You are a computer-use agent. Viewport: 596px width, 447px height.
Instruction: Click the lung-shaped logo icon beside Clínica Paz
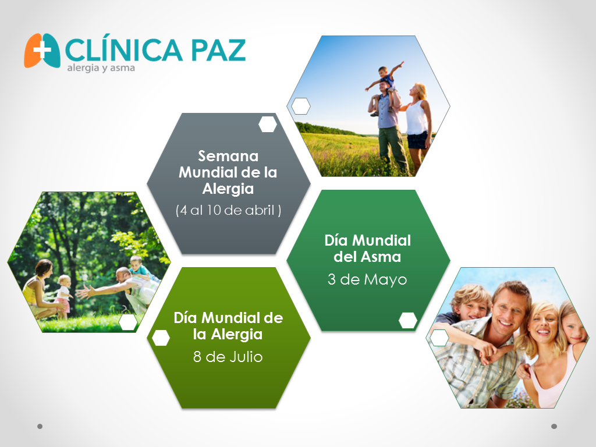coord(42,51)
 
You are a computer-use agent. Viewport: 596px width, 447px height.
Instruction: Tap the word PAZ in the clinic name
coord(218,50)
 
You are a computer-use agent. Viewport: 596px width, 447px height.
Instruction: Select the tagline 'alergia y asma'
coord(101,68)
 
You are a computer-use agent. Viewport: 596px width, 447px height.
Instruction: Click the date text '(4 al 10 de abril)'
coord(228,210)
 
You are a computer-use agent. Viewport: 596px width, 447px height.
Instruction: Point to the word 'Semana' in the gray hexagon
coord(228,156)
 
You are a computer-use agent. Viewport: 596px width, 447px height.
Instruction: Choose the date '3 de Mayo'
coord(367,279)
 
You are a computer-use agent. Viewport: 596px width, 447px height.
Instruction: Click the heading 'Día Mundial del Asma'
coord(368,249)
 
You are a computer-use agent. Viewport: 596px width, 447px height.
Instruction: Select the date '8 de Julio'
coord(228,357)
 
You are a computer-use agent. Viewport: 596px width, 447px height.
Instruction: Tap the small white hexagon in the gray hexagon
coord(268,125)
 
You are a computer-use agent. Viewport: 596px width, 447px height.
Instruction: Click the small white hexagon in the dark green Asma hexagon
coord(408,321)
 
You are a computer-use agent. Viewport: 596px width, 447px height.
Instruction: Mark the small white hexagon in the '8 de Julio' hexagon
coord(161,338)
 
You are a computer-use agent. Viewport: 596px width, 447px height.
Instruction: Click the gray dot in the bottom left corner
coord(40,427)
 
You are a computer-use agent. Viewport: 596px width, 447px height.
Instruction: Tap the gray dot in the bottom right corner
coord(554,427)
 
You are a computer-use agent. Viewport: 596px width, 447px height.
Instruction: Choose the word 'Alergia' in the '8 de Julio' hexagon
coord(236,335)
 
